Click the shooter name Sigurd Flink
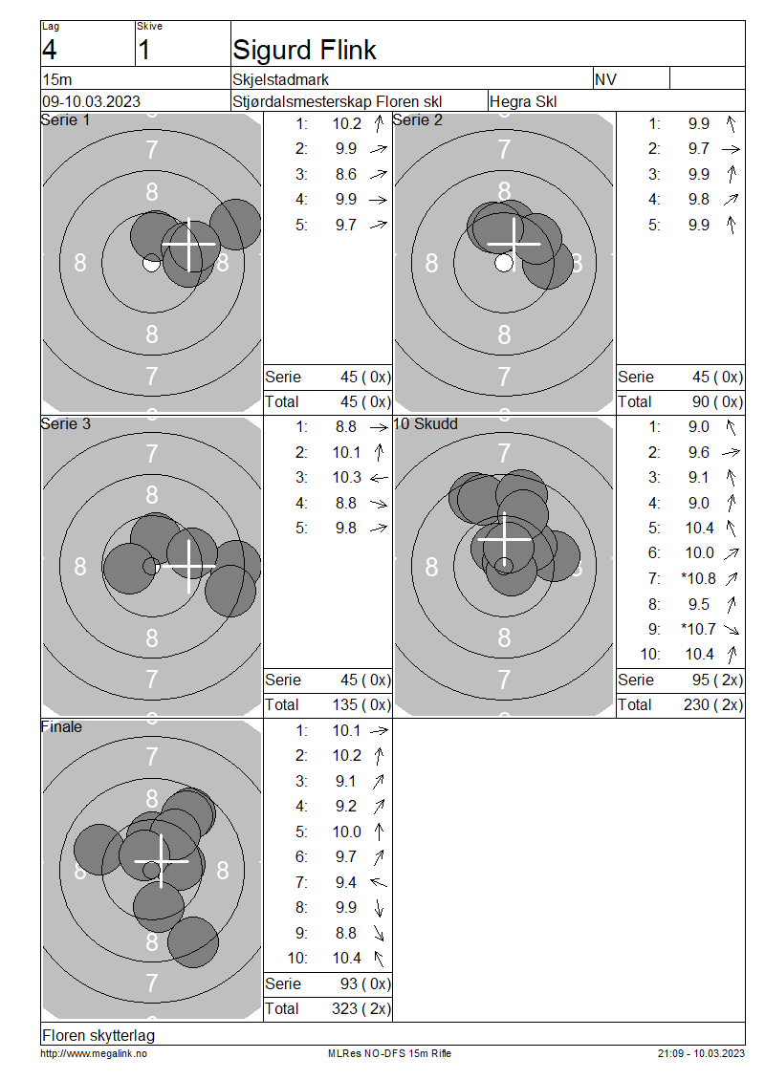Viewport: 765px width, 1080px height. click(x=304, y=51)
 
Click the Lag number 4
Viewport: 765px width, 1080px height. click(x=50, y=51)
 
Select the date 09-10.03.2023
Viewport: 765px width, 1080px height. click(x=91, y=102)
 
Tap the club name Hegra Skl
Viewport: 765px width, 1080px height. click(x=523, y=102)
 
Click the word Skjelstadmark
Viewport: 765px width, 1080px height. click(x=280, y=80)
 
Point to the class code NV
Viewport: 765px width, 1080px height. click(x=605, y=80)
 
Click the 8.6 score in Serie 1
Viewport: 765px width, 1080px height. click(x=346, y=174)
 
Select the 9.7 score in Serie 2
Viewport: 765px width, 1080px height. click(x=698, y=149)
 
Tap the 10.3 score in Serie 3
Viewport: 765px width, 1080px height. click(x=347, y=477)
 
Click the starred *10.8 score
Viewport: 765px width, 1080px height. click(x=698, y=578)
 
